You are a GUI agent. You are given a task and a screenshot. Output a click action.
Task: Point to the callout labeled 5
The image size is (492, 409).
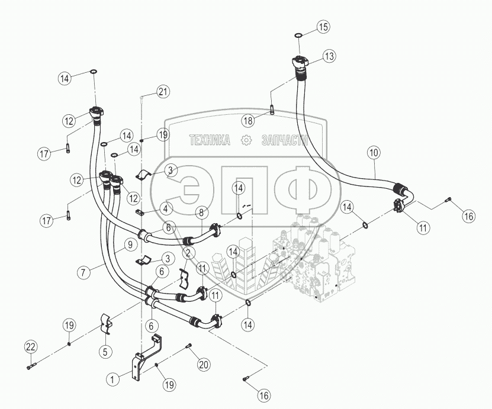[x=106, y=351]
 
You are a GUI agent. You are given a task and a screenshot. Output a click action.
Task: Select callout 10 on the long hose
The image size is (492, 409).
[x=374, y=153]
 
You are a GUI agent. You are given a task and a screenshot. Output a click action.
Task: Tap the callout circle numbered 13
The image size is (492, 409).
[x=329, y=56]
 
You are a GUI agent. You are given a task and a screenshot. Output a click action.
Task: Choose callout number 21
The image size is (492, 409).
[x=162, y=91]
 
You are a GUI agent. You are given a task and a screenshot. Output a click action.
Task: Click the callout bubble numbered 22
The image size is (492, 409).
[x=31, y=347]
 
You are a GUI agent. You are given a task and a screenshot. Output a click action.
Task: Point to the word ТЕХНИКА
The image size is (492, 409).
[x=210, y=140]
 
